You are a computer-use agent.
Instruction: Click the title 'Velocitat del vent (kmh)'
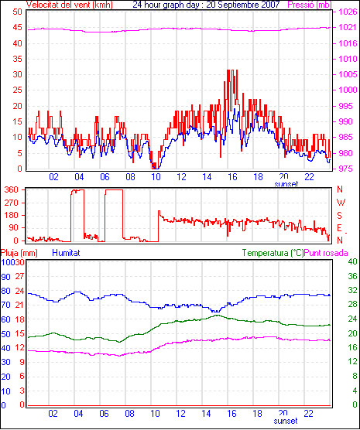[x=69, y=5]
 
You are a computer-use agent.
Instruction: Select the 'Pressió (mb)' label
[x=310, y=5]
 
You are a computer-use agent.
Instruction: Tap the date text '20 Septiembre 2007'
[x=243, y=5]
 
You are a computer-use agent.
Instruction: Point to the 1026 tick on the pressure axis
[x=348, y=12]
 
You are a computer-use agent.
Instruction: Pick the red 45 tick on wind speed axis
[x=17, y=27]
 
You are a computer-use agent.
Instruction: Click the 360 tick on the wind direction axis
[x=12, y=189]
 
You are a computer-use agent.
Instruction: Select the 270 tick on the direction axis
[x=12, y=203]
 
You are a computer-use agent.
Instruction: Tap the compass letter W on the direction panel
[x=341, y=203]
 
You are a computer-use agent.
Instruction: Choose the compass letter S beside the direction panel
[x=340, y=216]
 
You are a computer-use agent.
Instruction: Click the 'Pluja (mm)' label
[x=19, y=253]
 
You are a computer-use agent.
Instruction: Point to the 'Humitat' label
[x=66, y=253]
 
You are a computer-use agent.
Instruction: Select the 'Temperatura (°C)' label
[x=273, y=253]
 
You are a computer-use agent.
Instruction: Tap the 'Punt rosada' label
[x=326, y=253]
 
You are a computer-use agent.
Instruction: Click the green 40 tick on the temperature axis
[x=352, y=261]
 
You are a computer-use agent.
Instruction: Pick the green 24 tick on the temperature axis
[x=352, y=319]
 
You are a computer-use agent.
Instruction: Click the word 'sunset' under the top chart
[x=286, y=184]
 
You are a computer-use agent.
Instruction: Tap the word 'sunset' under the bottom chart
[x=286, y=421]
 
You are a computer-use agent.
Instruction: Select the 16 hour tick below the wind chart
[x=232, y=177]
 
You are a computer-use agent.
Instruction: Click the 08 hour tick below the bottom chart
[x=129, y=413]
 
